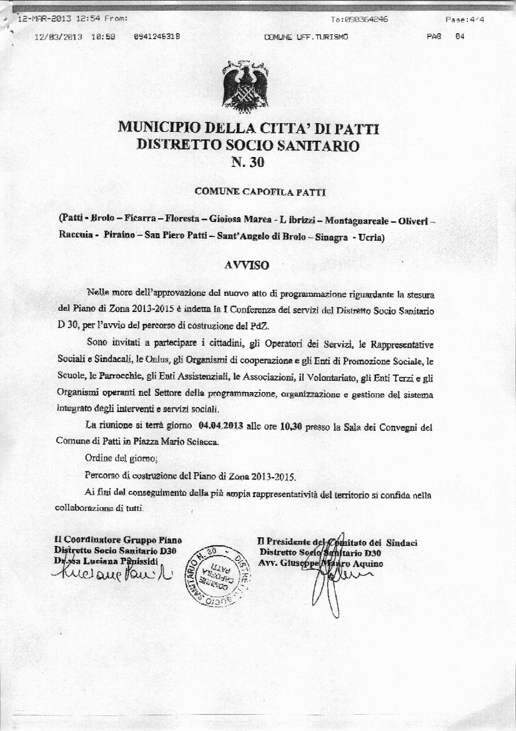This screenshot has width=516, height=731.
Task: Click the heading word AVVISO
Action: tap(246, 265)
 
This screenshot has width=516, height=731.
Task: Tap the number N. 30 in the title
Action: tap(248, 163)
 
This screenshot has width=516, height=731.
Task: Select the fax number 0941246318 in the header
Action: tap(157, 37)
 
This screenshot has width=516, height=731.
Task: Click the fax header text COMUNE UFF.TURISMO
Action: tap(306, 37)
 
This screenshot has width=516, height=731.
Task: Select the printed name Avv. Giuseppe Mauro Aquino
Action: tap(320, 563)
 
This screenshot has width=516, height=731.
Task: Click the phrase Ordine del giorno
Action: tap(113, 457)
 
